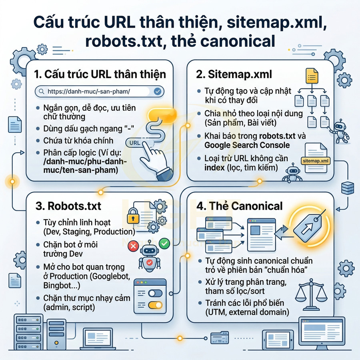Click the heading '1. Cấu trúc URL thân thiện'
click(x=100, y=74)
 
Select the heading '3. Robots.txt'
click(x=68, y=206)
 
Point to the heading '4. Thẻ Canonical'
click(x=240, y=206)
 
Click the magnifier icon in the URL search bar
click(x=41, y=92)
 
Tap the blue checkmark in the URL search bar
click(x=157, y=92)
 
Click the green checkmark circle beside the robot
click(x=164, y=242)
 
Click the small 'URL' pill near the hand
click(x=134, y=142)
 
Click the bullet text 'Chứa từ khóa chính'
click(x=78, y=140)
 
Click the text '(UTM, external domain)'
click(x=244, y=312)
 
